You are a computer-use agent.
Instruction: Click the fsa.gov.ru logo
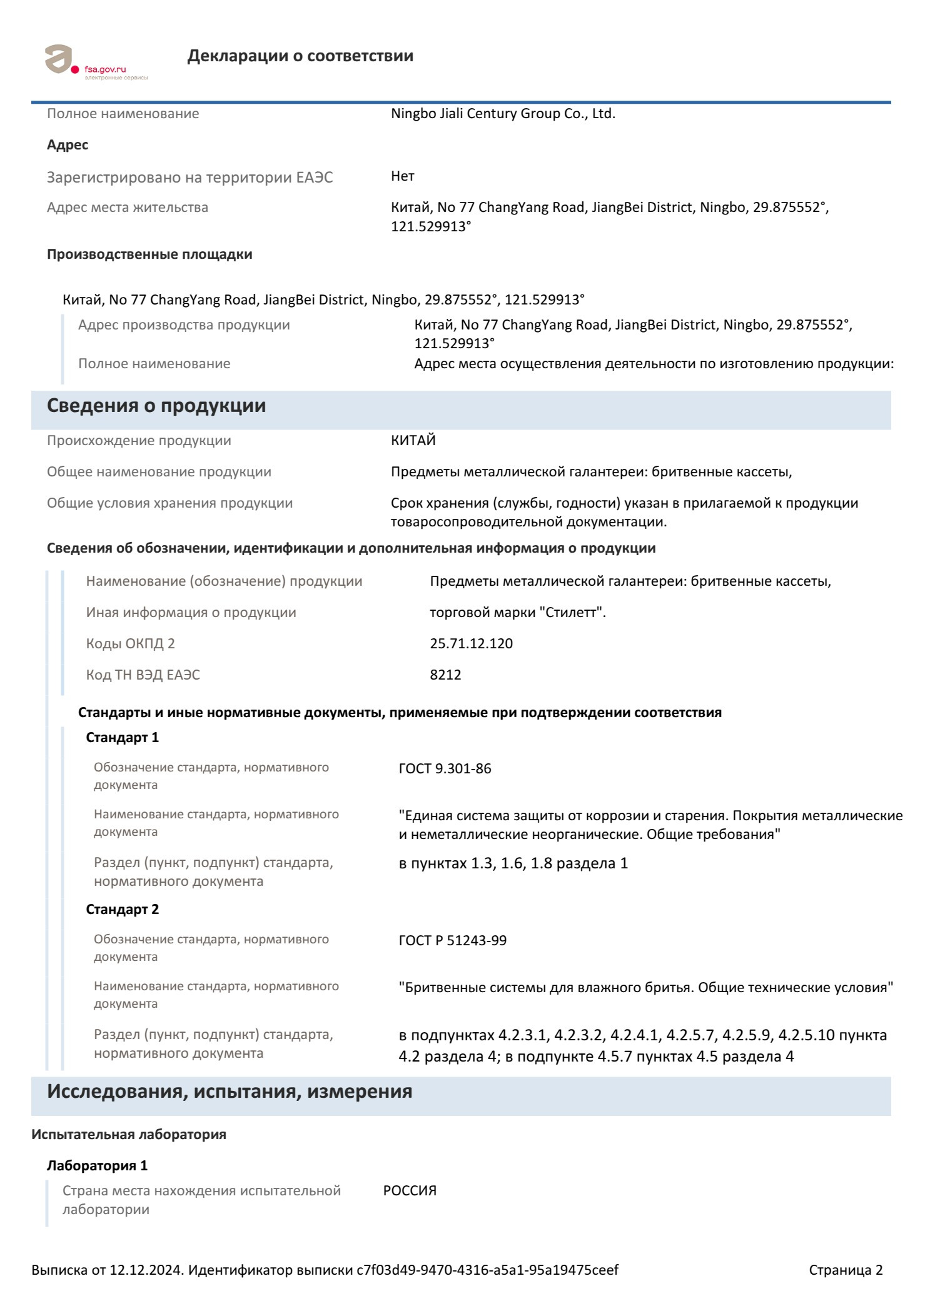(94, 63)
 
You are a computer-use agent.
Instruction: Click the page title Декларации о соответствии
(300, 56)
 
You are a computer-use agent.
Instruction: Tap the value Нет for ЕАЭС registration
(403, 176)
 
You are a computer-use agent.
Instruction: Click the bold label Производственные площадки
(149, 254)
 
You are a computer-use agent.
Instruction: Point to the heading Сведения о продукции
(156, 406)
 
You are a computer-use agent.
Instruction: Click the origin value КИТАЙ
(413, 441)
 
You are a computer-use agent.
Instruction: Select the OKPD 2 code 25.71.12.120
(471, 644)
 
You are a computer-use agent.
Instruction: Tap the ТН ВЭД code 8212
(445, 675)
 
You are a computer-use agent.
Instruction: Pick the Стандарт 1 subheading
(123, 738)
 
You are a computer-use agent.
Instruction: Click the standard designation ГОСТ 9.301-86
(445, 769)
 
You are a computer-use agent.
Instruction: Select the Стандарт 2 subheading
(123, 910)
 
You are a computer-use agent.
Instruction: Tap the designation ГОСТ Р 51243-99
(452, 941)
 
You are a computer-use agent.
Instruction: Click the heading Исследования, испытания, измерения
(230, 1092)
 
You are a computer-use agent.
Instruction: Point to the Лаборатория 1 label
(98, 1166)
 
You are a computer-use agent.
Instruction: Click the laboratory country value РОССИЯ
(410, 1191)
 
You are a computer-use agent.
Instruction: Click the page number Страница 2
(846, 1270)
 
